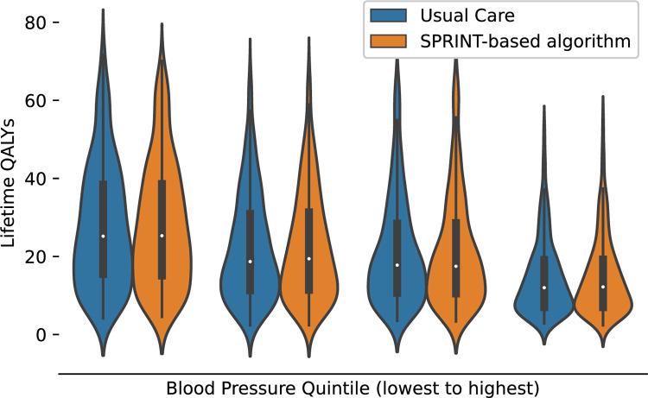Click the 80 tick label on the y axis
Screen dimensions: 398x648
pyautogui.click(x=31, y=22)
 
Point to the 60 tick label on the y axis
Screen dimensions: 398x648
pyautogui.click(x=31, y=101)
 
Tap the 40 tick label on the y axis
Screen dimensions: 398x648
pyautogui.click(x=31, y=179)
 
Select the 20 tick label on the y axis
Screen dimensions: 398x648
pyautogui.click(x=31, y=256)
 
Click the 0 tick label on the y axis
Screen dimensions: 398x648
pyautogui.click(x=35, y=335)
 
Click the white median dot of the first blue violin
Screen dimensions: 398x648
pyautogui.click(x=103, y=236)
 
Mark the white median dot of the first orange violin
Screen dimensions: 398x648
pyautogui.click(x=162, y=235)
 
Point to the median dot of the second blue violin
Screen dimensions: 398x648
pyautogui.click(x=251, y=262)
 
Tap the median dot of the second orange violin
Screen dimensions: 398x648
pyautogui.click(x=309, y=258)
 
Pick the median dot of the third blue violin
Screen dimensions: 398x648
pyautogui.click(x=397, y=265)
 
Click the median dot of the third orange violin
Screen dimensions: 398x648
pyautogui.click(x=456, y=266)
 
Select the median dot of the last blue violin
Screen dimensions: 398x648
pyautogui.click(x=544, y=287)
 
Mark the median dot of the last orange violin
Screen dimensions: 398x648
pyautogui.click(x=603, y=287)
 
